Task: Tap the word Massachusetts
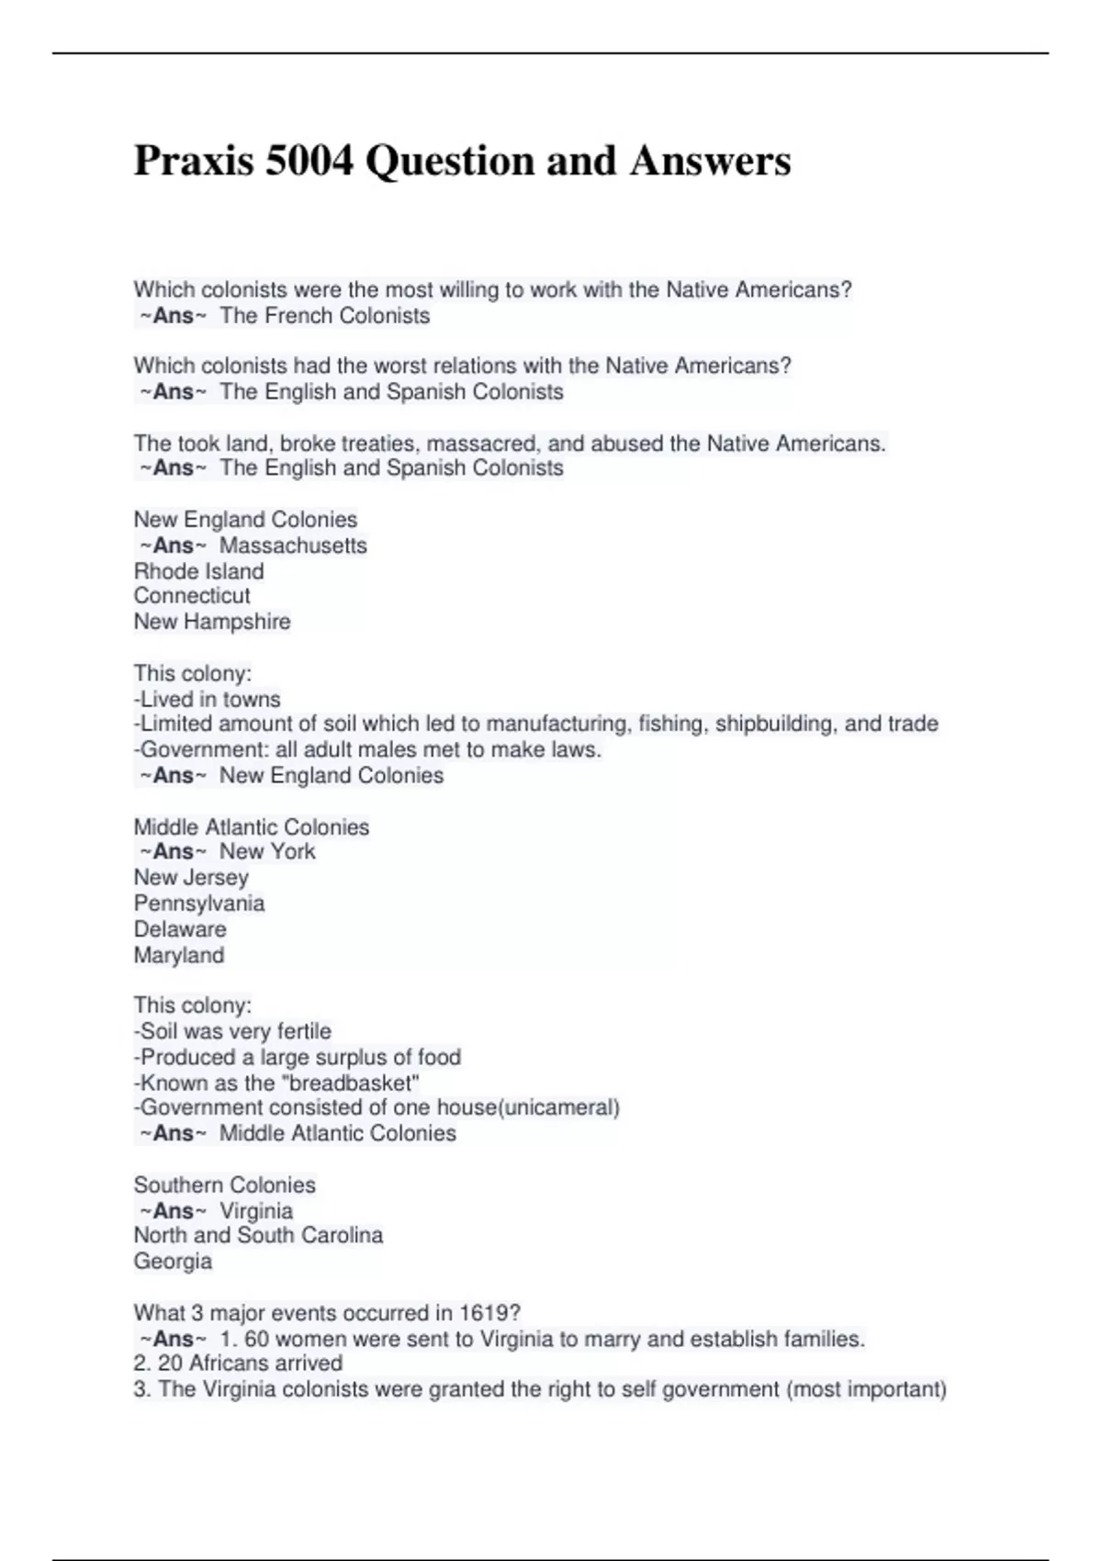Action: pos(293,545)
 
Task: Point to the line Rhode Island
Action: pos(198,571)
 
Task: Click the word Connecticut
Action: pos(192,596)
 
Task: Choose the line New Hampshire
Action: pos(212,622)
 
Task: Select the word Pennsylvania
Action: pos(199,904)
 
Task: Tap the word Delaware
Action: pos(180,929)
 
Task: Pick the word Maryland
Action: pos(179,955)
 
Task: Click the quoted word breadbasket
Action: pos(354,1083)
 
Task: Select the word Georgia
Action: pos(173,1262)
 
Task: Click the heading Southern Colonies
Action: pos(224,1185)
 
